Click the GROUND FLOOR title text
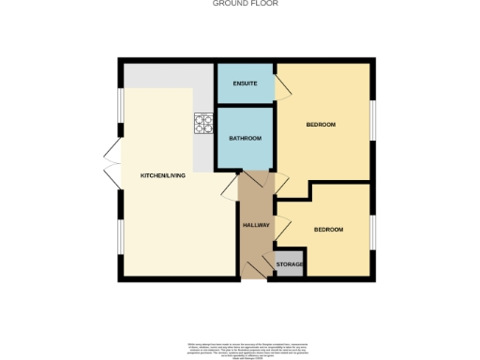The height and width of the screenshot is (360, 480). pyautogui.click(x=239, y=4)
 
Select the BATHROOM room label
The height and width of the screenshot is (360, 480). pyautogui.click(x=246, y=139)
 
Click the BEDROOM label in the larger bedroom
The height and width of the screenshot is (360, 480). pyautogui.click(x=321, y=125)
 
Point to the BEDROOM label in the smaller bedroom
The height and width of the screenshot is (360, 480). pyautogui.click(x=328, y=230)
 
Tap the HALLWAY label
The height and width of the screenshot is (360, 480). pyautogui.click(x=256, y=225)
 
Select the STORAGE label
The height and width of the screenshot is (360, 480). pyautogui.click(x=290, y=265)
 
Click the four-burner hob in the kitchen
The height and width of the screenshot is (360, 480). pyautogui.click(x=203, y=124)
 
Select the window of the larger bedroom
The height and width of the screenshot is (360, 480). pyautogui.click(x=373, y=122)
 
